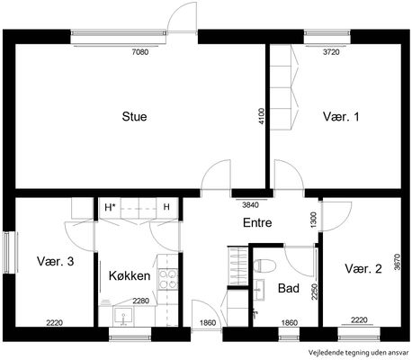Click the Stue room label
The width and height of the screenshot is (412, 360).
click(x=134, y=116)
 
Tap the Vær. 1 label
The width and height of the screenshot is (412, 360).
click(x=341, y=116)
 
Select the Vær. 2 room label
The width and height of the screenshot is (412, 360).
click(x=363, y=268)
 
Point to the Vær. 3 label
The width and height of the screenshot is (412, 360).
click(x=56, y=261)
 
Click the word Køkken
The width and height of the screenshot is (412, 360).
click(x=130, y=275)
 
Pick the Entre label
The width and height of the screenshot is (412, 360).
click(x=257, y=222)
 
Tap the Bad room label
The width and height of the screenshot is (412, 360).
click(x=289, y=288)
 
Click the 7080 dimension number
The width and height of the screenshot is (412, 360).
click(x=140, y=52)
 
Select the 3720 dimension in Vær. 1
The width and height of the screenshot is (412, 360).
click(x=331, y=52)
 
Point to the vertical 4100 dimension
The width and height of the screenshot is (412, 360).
click(x=262, y=116)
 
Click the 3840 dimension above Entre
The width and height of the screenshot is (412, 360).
click(x=250, y=205)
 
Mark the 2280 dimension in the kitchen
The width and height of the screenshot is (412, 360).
click(x=141, y=301)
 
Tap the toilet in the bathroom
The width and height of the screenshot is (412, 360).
click(x=264, y=265)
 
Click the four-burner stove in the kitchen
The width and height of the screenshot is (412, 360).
click(x=168, y=280)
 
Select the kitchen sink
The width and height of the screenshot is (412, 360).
click(x=123, y=316)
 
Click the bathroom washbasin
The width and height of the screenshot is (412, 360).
click(x=258, y=290)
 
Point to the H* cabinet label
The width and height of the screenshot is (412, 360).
click(x=111, y=207)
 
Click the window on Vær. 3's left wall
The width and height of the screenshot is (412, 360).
click(x=11, y=252)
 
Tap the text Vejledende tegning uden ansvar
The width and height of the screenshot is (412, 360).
click(x=359, y=353)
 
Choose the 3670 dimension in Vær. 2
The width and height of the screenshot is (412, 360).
click(x=398, y=262)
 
